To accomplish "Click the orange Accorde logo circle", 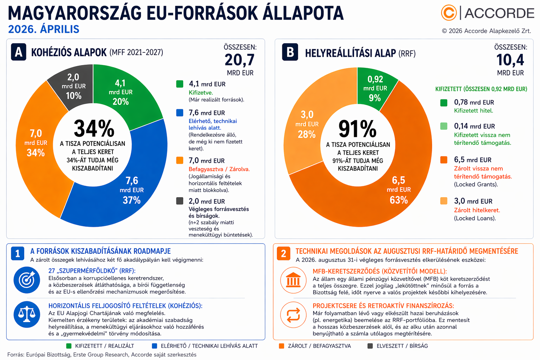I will pyautogui.click(x=449, y=13).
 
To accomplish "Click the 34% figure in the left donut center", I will pyautogui.click(x=94, y=129).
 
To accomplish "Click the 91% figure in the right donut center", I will pyautogui.click(x=358, y=129).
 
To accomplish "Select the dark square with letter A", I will pyautogui.click(x=18, y=52).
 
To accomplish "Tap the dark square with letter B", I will pyautogui.click(x=290, y=52).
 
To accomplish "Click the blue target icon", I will pyautogui.click(x=27, y=280).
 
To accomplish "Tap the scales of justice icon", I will pyautogui.click(x=27, y=314).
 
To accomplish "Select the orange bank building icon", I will pyautogui.click(x=293, y=280).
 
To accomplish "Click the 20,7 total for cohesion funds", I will pyautogui.click(x=240, y=60).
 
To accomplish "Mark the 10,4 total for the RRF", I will pyautogui.click(x=510, y=60).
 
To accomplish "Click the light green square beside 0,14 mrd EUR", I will pyautogui.click(x=444, y=126).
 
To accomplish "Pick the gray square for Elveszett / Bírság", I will pyautogui.click(x=370, y=346).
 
